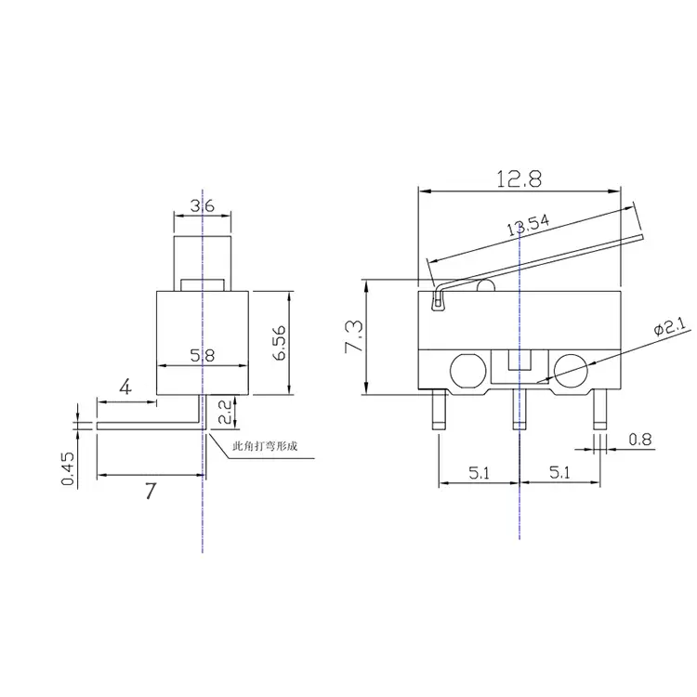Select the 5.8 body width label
[x=204, y=354]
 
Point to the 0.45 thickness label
[x=68, y=468]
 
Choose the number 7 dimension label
[x=151, y=493]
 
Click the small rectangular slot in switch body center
[x=519, y=361]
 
